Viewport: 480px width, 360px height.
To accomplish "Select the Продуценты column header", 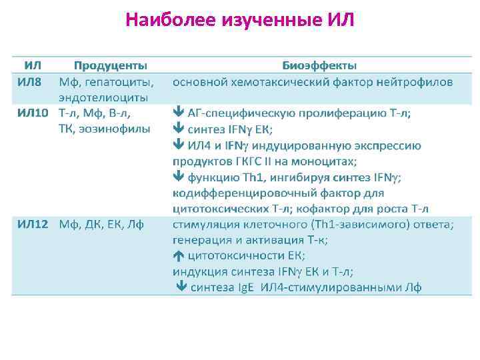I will pyautogui.click(x=111, y=66).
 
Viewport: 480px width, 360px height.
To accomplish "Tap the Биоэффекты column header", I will pyautogui.click(x=319, y=66).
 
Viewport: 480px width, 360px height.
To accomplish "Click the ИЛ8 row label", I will pyautogui.click(x=31, y=82).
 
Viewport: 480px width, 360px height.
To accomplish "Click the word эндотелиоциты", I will pyautogui.click(x=103, y=97).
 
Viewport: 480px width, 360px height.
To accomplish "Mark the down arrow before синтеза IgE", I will pyautogui.click(x=181, y=287).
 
